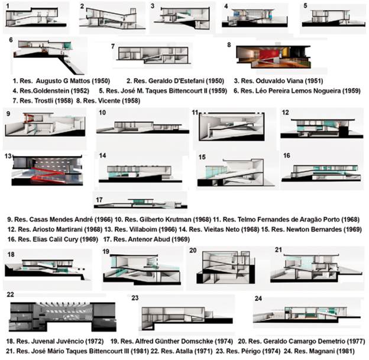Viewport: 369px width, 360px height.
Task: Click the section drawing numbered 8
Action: [x=273, y=57]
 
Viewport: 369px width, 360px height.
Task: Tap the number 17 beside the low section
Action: [x=99, y=200]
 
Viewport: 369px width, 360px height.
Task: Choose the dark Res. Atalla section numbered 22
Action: [x=63, y=317]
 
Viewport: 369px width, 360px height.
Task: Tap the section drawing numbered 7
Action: [x=153, y=56]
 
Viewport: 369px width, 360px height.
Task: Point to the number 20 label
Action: [x=193, y=250]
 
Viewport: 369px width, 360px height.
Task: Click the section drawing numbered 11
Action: [x=232, y=127]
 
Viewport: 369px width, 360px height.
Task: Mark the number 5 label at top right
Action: [x=305, y=6]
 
